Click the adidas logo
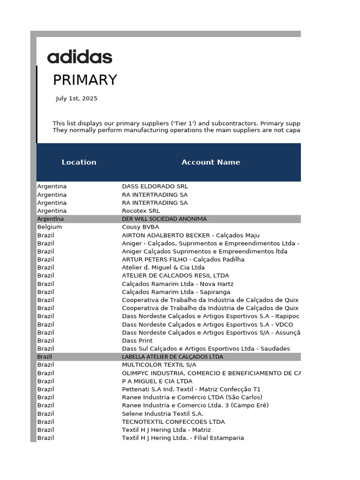point(80,57)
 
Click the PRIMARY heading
point(85,80)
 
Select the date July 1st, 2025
point(76,98)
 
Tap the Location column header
point(79,162)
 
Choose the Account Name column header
point(210,162)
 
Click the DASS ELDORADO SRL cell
point(155,186)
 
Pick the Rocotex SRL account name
point(141,211)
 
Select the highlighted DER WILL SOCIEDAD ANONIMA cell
point(164,219)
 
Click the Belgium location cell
point(49,227)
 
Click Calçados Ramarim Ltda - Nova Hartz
point(178,284)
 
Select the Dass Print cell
point(137,340)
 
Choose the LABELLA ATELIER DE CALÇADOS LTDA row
point(172,357)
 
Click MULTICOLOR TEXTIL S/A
point(159,365)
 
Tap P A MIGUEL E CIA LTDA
point(157,381)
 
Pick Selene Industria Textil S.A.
point(163,413)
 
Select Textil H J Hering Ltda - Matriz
point(166,430)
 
